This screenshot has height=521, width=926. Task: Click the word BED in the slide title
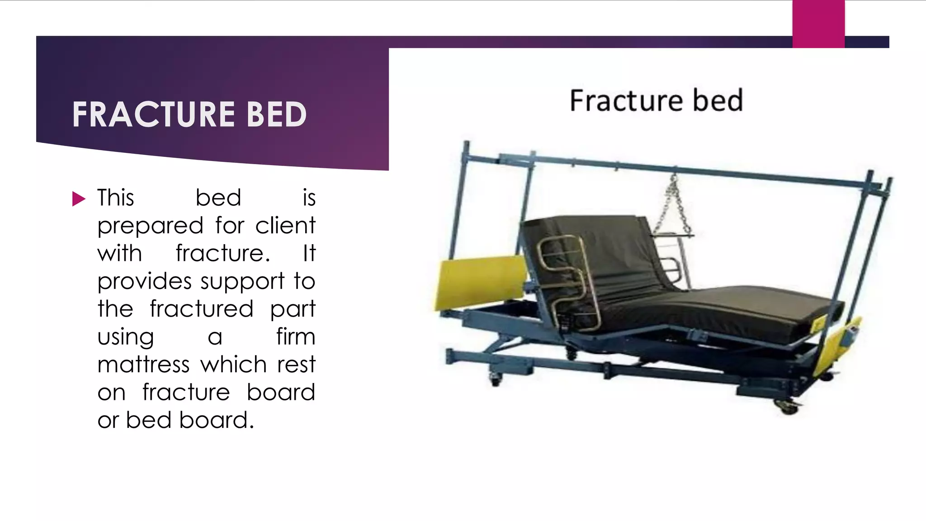pyautogui.click(x=277, y=114)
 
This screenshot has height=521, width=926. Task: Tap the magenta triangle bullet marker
pyautogui.click(x=79, y=199)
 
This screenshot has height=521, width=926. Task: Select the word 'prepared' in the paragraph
pyautogui.click(x=150, y=226)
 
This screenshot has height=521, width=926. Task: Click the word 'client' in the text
pyautogui.click(x=285, y=225)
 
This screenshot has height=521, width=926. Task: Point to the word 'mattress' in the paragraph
pyautogui.click(x=143, y=365)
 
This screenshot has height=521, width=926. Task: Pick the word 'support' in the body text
pyautogui.click(x=242, y=282)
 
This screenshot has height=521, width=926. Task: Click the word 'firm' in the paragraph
pyautogui.click(x=296, y=337)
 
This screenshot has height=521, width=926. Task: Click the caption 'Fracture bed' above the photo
pyautogui.click(x=656, y=100)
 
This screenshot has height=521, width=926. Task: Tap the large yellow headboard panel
pyautogui.click(x=480, y=281)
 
